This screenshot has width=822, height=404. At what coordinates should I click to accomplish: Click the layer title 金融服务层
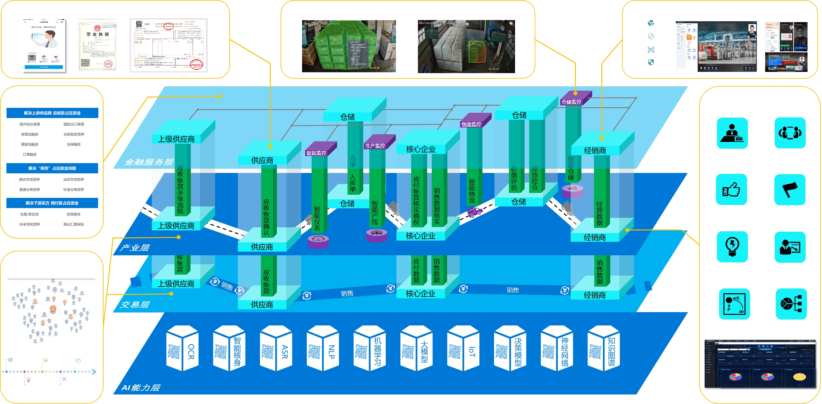click(x=149, y=162)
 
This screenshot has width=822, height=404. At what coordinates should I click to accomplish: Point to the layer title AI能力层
click(x=141, y=387)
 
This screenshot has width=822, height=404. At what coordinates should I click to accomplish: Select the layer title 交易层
click(x=134, y=304)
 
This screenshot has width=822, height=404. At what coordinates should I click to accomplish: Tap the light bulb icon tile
click(x=732, y=247)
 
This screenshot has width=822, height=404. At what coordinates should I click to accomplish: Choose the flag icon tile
click(x=789, y=190)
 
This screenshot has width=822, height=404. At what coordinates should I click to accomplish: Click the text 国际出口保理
click(x=74, y=124)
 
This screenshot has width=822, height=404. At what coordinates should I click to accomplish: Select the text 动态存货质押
click(x=74, y=179)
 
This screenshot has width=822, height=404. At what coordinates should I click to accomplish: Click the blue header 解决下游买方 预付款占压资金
click(x=52, y=203)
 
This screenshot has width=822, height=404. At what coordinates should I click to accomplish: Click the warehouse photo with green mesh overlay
click(x=349, y=46)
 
